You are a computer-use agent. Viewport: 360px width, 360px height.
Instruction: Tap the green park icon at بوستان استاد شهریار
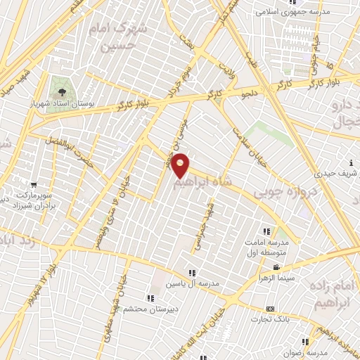[x=60, y=92]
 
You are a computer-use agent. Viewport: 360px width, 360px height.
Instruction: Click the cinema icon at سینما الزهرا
[x=276, y=268]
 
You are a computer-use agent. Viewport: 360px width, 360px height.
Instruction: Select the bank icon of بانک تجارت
[x=270, y=309]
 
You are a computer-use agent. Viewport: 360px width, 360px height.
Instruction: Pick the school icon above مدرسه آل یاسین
[x=191, y=273]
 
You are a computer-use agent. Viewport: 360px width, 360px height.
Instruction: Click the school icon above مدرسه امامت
[x=266, y=231]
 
